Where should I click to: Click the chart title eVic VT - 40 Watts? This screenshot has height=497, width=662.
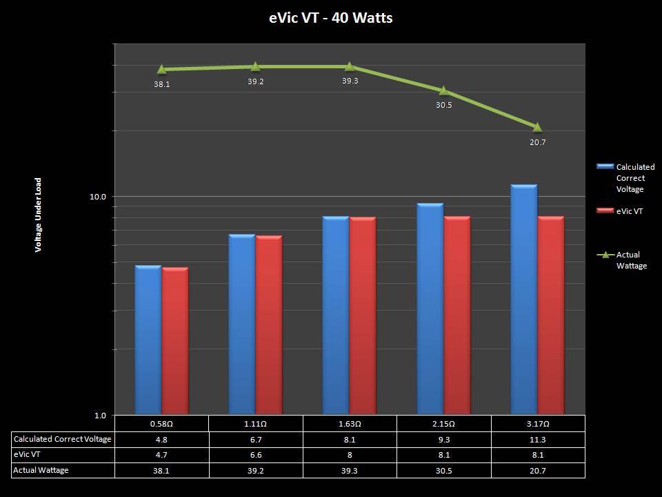(331, 18)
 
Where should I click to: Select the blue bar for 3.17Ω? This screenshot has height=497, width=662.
(524, 300)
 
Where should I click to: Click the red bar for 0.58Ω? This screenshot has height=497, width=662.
(175, 341)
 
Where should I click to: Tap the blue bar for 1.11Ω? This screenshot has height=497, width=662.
(242, 324)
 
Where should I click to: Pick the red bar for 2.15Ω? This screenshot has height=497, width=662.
(457, 315)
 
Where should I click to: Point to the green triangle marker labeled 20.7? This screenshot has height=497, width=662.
(537, 127)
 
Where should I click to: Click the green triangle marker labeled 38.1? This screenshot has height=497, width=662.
(161, 69)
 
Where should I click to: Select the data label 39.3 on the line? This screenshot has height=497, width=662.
(350, 81)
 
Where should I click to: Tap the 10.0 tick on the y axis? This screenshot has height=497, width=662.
(99, 197)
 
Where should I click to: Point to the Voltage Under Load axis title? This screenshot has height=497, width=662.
(39, 215)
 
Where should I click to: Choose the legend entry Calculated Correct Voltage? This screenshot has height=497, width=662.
(634, 178)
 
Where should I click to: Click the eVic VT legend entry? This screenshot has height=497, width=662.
(629, 211)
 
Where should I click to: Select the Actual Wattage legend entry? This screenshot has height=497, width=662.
(631, 260)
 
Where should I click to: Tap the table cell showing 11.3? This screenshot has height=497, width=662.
(538, 439)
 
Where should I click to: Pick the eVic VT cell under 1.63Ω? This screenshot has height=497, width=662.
(350, 455)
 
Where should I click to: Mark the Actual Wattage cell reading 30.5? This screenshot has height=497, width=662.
(443, 470)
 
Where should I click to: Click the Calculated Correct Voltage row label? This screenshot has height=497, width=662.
(62, 439)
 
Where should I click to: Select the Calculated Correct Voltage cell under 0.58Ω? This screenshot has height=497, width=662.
(161, 439)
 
